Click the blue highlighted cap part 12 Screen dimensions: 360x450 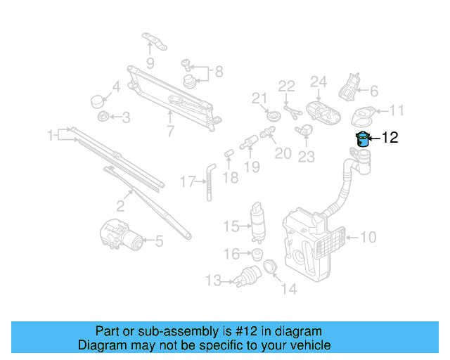click(363, 138)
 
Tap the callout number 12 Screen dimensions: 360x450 click(390, 139)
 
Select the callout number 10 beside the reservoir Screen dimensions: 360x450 click(368, 238)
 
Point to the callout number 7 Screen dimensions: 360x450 click(169, 130)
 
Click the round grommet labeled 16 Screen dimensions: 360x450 click(257, 253)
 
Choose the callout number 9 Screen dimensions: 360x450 click(150, 63)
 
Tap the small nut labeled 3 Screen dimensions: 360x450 click(101, 117)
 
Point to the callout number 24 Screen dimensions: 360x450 click(319, 82)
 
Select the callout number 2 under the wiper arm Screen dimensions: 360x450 click(120, 205)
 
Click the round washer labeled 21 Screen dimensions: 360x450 click(273, 114)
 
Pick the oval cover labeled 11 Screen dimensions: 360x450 click(364, 112)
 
